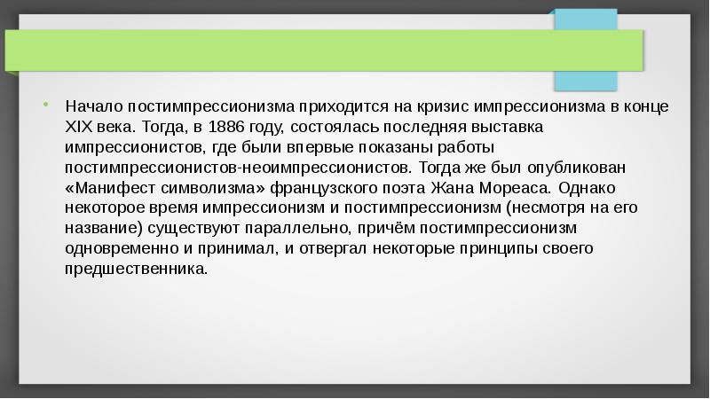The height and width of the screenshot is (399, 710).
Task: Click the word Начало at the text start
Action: click(x=92, y=107)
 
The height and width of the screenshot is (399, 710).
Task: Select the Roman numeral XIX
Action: click(x=79, y=127)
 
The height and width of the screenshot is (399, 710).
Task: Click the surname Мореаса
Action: click(x=513, y=187)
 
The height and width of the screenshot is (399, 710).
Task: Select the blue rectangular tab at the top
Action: click(x=585, y=50)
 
